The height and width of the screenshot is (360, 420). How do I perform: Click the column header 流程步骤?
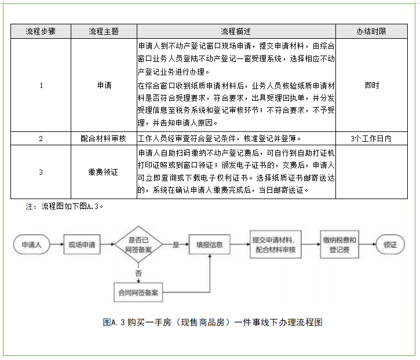tap(41, 31)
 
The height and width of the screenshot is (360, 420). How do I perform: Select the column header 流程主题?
tap(104, 31)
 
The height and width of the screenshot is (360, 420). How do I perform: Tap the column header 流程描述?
tap(236, 31)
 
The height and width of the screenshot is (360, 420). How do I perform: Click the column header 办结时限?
tap(371, 31)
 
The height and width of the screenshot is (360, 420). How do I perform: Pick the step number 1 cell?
tap(41, 85)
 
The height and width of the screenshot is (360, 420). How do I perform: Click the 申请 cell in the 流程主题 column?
tap(104, 85)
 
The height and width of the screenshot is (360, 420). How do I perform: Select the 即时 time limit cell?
tap(371, 85)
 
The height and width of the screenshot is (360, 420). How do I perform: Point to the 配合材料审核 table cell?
tap(104, 139)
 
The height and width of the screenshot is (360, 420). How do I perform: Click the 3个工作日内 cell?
tap(371, 139)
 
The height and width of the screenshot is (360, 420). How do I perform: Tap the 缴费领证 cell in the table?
tap(104, 172)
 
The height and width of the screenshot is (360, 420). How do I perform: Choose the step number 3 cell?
tap(41, 172)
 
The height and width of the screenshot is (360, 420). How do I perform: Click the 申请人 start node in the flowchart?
tap(31, 245)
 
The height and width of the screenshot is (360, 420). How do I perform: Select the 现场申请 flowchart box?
tap(82, 245)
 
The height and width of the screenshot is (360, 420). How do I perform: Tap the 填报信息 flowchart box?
tap(209, 245)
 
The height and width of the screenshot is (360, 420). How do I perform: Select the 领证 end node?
tap(390, 245)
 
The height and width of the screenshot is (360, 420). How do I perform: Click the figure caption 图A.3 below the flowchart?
tap(211, 323)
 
